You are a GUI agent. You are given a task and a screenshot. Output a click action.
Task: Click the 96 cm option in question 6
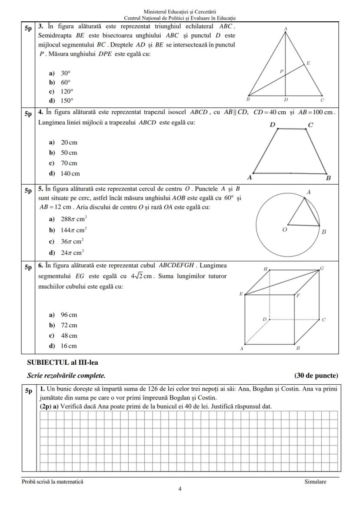(63, 315)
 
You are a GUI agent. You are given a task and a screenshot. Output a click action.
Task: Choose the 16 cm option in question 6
(63, 346)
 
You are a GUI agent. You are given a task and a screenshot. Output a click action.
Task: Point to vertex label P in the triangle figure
(281, 71)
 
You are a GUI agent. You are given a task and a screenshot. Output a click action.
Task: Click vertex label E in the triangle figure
(308, 63)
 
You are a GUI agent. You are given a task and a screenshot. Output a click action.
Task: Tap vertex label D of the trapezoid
(272, 125)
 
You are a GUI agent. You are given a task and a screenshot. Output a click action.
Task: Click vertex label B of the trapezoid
(328, 178)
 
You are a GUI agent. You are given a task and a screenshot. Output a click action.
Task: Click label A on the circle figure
(309, 192)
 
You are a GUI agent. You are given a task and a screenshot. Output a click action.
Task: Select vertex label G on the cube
(322, 268)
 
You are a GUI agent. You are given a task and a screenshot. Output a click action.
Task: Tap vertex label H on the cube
(265, 269)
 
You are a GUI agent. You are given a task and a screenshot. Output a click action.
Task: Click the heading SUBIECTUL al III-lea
(59, 362)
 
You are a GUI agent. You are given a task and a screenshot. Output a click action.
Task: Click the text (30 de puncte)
(316, 376)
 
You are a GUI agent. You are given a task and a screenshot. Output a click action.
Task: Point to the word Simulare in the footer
(315, 482)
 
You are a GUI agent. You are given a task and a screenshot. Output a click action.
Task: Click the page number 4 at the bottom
(180, 489)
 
